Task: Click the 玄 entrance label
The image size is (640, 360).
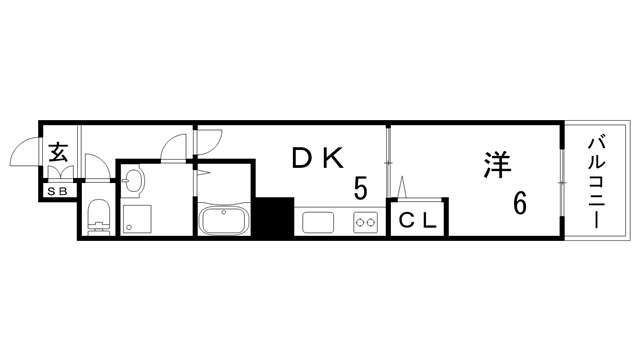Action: coord(57,154)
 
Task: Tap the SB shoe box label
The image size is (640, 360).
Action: coord(56,190)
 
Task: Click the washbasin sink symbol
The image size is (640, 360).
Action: coord(135,182)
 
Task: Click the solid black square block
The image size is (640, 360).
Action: coord(273,217)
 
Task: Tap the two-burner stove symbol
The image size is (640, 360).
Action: coord(364,221)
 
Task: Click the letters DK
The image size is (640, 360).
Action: coord(318,158)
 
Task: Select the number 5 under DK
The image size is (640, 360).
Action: coord(360,187)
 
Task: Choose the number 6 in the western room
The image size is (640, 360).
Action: coord(521,203)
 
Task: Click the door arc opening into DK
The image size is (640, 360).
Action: coord(207,146)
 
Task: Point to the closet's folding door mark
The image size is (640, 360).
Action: coord(404,187)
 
